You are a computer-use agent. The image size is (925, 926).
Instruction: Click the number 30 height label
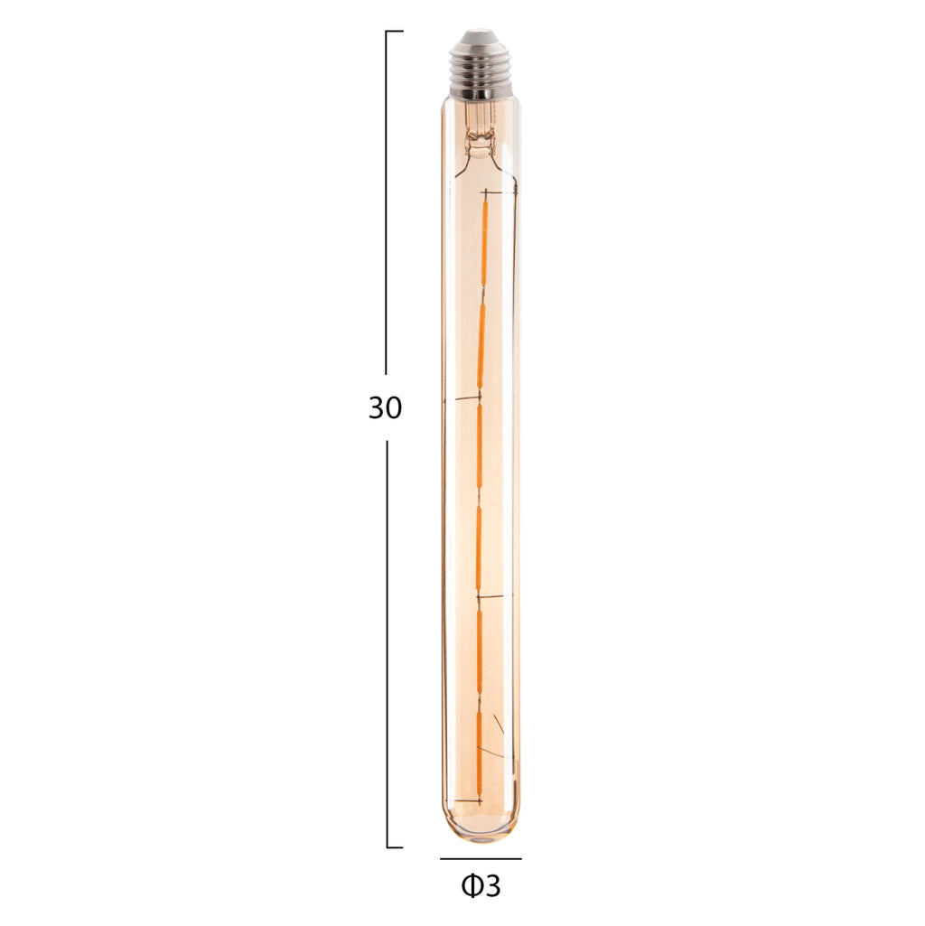(385, 407)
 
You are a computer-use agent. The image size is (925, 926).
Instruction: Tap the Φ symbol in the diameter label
(472, 886)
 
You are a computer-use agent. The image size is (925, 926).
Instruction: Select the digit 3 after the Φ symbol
(492, 886)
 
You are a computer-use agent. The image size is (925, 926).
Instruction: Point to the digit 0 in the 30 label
(394, 407)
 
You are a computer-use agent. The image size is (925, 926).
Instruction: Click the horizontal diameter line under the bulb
(481, 858)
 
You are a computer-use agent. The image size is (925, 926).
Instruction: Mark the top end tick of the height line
(395, 31)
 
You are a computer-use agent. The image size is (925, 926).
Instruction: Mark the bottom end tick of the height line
(395, 847)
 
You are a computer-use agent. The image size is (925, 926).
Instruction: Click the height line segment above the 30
(387, 202)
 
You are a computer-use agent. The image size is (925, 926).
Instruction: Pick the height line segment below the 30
(387, 644)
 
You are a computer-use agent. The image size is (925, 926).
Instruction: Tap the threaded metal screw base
(481, 70)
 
